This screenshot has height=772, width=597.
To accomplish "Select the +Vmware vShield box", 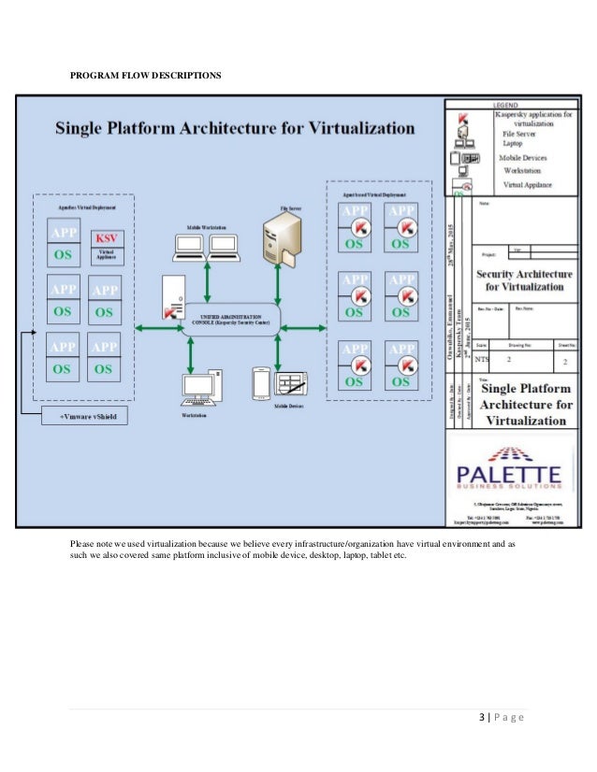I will pyautogui.click(x=87, y=416).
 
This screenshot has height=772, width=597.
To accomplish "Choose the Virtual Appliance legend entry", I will pyautogui.click(x=527, y=185).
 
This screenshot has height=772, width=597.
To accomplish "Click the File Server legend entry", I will pyautogui.click(x=511, y=134).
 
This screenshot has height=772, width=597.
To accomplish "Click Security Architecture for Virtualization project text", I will pyautogui.click(x=521, y=279).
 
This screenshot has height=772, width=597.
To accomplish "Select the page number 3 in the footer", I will pyautogui.click(x=482, y=717).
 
